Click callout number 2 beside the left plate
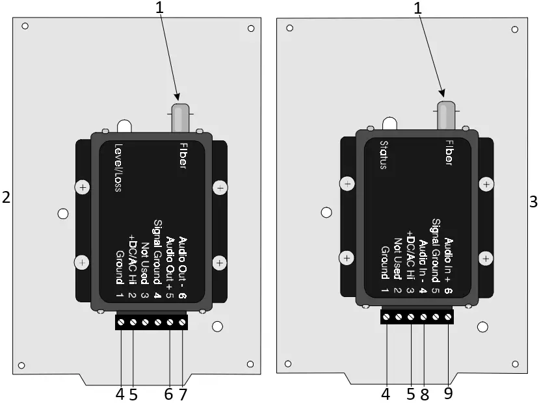(7, 198)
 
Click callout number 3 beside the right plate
(533, 202)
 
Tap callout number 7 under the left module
(183, 394)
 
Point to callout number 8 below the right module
(424, 394)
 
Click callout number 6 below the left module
(169, 394)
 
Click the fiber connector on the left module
(179, 117)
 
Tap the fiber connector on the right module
(447, 116)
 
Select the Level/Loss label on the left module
(119, 168)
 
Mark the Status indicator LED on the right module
(389, 123)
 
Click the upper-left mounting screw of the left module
(83, 188)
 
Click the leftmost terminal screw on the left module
(122, 322)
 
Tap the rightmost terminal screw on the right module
(448, 317)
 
